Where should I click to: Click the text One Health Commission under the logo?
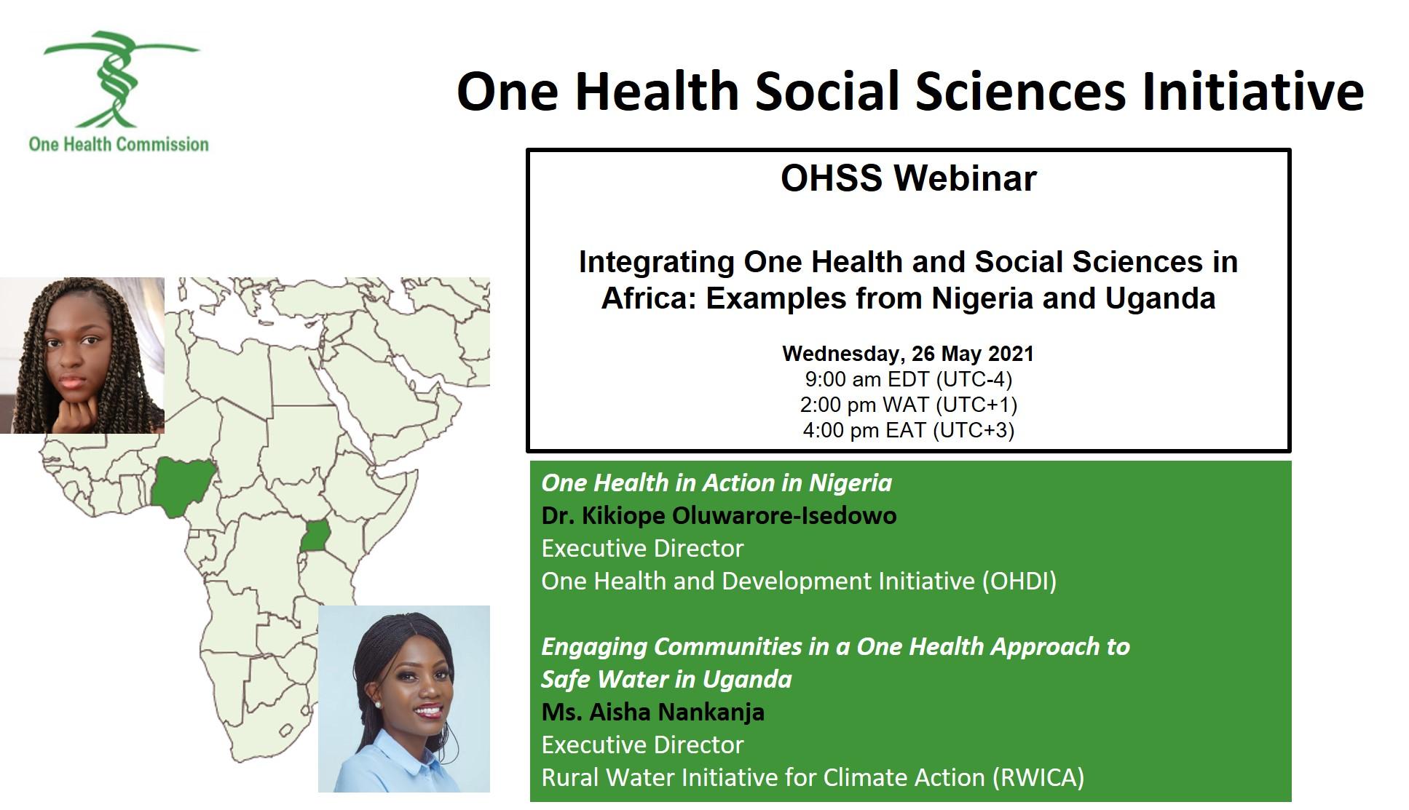point(119,144)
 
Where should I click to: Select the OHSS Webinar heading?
point(908,178)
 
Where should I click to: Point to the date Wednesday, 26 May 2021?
point(908,354)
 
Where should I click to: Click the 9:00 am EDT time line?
point(908,379)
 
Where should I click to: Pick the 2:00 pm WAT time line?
point(908,405)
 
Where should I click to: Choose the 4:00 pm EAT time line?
point(908,430)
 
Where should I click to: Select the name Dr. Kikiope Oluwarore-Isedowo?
point(719,516)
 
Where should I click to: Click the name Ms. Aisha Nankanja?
point(652,712)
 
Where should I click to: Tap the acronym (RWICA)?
point(1037,777)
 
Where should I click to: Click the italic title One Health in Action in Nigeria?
point(717,483)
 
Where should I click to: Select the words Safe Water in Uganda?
point(666,679)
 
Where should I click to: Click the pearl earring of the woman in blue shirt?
point(377,704)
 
